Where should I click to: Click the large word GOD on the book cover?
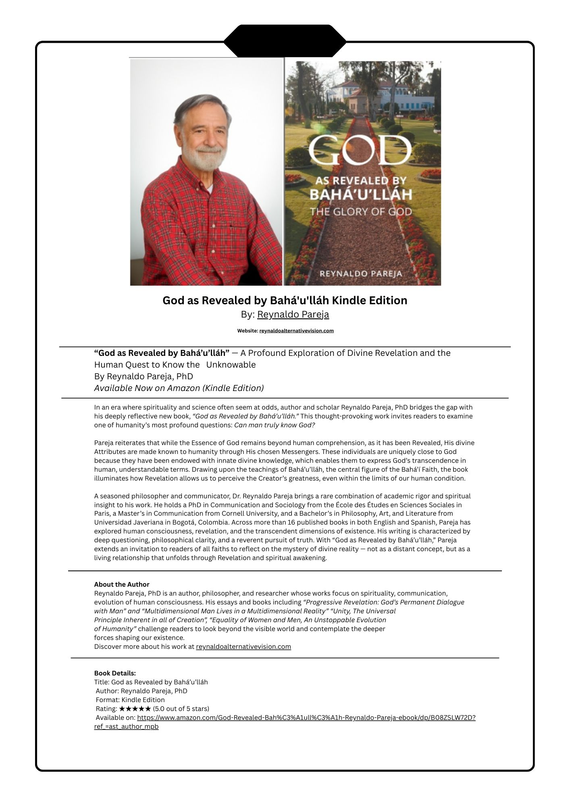point(360,151)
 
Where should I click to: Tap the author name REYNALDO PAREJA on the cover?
point(361,274)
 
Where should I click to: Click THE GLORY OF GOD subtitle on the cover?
point(360,212)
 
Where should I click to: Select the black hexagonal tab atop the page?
point(285,41)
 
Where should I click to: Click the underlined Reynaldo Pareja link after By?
point(293,314)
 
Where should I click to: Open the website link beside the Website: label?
point(296,331)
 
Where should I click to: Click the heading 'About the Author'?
point(122,584)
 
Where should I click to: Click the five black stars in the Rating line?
point(135,709)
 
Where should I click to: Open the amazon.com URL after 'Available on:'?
point(306,717)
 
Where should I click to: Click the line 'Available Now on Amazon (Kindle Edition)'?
point(179,388)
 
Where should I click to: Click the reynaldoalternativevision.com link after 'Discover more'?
point(243,646)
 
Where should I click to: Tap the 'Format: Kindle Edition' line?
point(130,700)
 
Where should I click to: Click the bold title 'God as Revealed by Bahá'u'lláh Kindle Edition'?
point(285,301)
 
